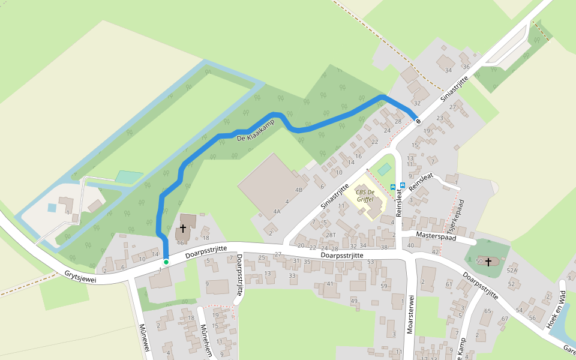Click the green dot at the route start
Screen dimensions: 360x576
[166, 262]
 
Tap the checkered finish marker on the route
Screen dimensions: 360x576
[418, 120]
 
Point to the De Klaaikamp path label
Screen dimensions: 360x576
[255, 130]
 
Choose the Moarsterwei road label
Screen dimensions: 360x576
[411, 314]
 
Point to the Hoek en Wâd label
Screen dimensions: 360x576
[556, 308]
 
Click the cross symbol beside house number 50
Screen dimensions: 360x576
[488, 262]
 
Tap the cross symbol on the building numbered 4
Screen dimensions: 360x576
[183, 229]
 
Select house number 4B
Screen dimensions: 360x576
[299, 190]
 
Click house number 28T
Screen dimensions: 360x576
[331, 235]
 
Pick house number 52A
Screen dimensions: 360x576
[512, 271]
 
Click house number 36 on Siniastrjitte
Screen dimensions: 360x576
[466, 66]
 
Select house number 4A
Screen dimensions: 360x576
[277, 211]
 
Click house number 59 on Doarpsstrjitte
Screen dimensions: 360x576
[384, 286]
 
